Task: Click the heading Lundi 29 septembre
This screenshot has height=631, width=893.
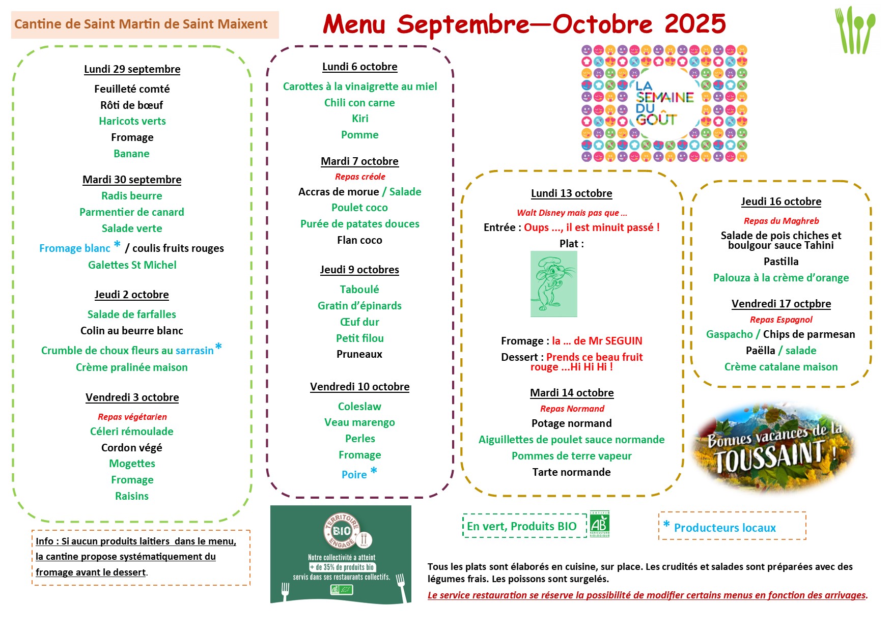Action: (x=132, y=69)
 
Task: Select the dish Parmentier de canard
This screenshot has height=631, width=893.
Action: (x=132, y=212)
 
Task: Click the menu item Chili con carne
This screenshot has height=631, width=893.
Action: (x=359, y=103)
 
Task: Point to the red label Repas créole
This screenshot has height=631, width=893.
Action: (x=360, y=177)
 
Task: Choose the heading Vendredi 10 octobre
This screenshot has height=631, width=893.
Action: (x=359, y=387)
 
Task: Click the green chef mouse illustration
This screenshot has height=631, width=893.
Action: (x=554, y=284)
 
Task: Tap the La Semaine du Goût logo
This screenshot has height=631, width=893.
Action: (x=664, y=103)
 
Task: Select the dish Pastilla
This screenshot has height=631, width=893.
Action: (x=781, y=262)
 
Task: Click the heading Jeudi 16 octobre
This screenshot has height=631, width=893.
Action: (x=781, y=202)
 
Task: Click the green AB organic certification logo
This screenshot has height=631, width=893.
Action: (x=599, y=524)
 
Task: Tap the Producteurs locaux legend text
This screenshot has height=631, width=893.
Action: (x=724, y=528)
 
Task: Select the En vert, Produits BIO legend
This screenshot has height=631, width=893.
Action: (x=522, y=526)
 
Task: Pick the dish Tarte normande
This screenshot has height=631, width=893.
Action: (x=571, y=472)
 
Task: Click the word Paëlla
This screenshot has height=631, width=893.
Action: (x=760, y=351)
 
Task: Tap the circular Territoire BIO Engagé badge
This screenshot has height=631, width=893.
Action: (x=342, y=531)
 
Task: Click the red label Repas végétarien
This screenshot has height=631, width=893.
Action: (x=132, y=417)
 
